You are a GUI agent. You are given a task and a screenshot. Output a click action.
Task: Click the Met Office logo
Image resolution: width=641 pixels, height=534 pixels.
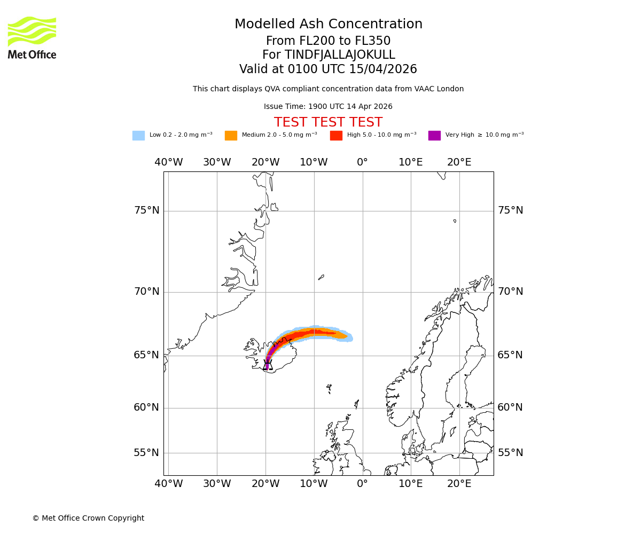pyautogui.click(x=32, y=37)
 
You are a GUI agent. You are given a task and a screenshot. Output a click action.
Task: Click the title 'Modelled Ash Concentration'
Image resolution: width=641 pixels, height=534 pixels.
pyautogui.click(x=329, y=25)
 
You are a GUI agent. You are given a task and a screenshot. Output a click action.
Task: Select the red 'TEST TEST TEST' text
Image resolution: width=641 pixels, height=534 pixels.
pyautogui.click(x=328, y=122)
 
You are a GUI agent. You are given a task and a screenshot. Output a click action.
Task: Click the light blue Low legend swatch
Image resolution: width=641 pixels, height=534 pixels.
pyautogui.click(x=138, y=136)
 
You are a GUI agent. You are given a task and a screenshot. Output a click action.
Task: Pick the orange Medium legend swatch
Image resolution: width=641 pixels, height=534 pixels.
pyautogui.click(x=231, y=136)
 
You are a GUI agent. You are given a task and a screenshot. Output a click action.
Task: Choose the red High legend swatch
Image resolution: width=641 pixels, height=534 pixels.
pyautogui.click(x=336, y=136)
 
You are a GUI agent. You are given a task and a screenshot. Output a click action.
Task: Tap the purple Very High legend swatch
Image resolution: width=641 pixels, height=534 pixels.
pyautogui.click(x=434, y=136)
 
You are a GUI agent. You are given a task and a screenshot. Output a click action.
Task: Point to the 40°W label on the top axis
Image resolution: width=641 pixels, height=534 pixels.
pyautogui.click(x=168, y=162)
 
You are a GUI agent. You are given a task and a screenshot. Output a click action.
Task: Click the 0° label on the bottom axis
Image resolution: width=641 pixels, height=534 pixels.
pyautogui.click(x=362, y=484)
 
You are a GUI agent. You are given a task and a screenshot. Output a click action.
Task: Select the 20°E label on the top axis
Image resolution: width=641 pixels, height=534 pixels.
pyautogui.click(x=459, y=162)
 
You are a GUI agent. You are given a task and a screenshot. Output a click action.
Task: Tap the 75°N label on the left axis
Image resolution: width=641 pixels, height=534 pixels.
pyautogui.click(x=146, y=210)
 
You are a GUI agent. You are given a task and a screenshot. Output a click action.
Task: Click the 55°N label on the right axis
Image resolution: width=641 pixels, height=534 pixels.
pyautogui.click(x=510, y=453)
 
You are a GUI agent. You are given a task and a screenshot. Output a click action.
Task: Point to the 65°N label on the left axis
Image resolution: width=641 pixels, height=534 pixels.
pyautogui.click(x=146, y=355)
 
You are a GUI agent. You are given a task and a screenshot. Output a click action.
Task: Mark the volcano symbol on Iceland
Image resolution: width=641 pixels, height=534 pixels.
pyautogui.click(x=268, y=365)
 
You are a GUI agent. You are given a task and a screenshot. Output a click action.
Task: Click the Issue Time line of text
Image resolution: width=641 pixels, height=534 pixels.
pyautogui.click(x=328, y=107)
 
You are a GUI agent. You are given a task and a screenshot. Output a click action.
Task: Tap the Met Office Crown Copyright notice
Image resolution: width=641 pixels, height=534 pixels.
pyautogui.click(x=88, y=519)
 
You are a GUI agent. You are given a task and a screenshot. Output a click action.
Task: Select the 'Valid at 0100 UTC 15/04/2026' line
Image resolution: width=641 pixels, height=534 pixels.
pyautogui.click(x=328, y=69)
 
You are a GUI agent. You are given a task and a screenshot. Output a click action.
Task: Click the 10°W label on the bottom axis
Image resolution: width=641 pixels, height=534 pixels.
pyautogui.click(x=314, y=484)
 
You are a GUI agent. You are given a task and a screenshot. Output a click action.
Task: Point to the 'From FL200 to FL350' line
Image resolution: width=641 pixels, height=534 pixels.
pyautogui.click(x=328, y=41)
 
